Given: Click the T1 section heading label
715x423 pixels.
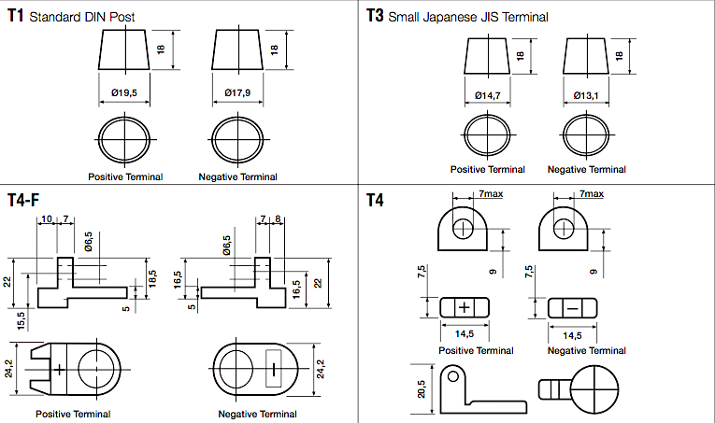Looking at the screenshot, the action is [x=15, y=16].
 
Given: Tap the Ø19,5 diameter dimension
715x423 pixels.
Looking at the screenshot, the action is [x=124, y=92].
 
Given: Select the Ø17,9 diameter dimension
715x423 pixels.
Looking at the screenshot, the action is [x=237, y=92].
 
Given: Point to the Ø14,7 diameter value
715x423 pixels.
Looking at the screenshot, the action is [x=488, y=95].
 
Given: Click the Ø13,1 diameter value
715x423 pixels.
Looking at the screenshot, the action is [x=586, y=95].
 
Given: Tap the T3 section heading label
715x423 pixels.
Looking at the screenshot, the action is [x=375, y=16].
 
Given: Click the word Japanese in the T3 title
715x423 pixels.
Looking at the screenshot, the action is [x=450, y=18].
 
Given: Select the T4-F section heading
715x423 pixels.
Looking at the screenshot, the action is [x=23, y=200].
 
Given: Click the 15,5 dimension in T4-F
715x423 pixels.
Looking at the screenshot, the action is [x=21, y=318].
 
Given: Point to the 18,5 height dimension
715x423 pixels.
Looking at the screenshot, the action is [x=152, y=278].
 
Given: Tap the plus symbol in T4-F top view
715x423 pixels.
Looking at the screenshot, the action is [x=59, y=370].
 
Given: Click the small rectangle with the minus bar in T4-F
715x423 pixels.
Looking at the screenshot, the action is [x=274, y=369].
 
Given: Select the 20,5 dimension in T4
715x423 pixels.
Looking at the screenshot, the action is [x=421, y=389].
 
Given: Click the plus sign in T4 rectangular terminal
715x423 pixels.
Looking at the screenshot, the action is [x=465, y=307].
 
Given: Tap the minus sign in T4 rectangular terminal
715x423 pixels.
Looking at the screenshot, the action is [x=572, y=309].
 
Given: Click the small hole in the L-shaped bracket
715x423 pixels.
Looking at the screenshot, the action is [x=452, y=376].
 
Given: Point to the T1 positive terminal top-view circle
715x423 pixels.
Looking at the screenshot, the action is [x=124, y=139].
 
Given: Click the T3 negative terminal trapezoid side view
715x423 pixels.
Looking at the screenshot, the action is [x=586, y=56].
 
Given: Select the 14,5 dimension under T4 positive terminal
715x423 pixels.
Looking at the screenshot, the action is [x=465, y=334].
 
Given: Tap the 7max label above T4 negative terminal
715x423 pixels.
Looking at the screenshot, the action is [x=592, y=194].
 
